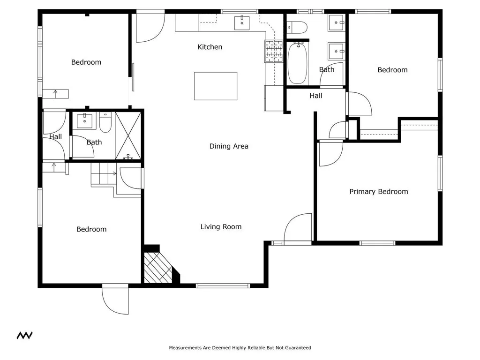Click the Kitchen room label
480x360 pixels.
(x=210, y=47)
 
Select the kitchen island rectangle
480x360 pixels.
(x=216, y=86)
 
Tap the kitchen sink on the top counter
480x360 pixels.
(x=242, y=22)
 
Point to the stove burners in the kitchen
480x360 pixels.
(x=274, y=51)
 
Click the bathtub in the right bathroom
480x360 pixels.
(x=297, y=63)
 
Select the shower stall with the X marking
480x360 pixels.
(x=128, y=135)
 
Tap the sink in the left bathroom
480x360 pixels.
(x=84, y=120)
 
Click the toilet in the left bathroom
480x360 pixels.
(x=105, y=123)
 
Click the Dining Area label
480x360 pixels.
(x=229, y=146)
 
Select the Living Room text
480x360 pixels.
(x=221, y=227)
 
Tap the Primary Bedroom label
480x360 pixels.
(x=378, y=191)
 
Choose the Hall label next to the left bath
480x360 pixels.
(x=55, y=137)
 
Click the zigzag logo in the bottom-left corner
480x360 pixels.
(x=24, y=335)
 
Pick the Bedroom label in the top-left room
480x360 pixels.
(x=86, y=62)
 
